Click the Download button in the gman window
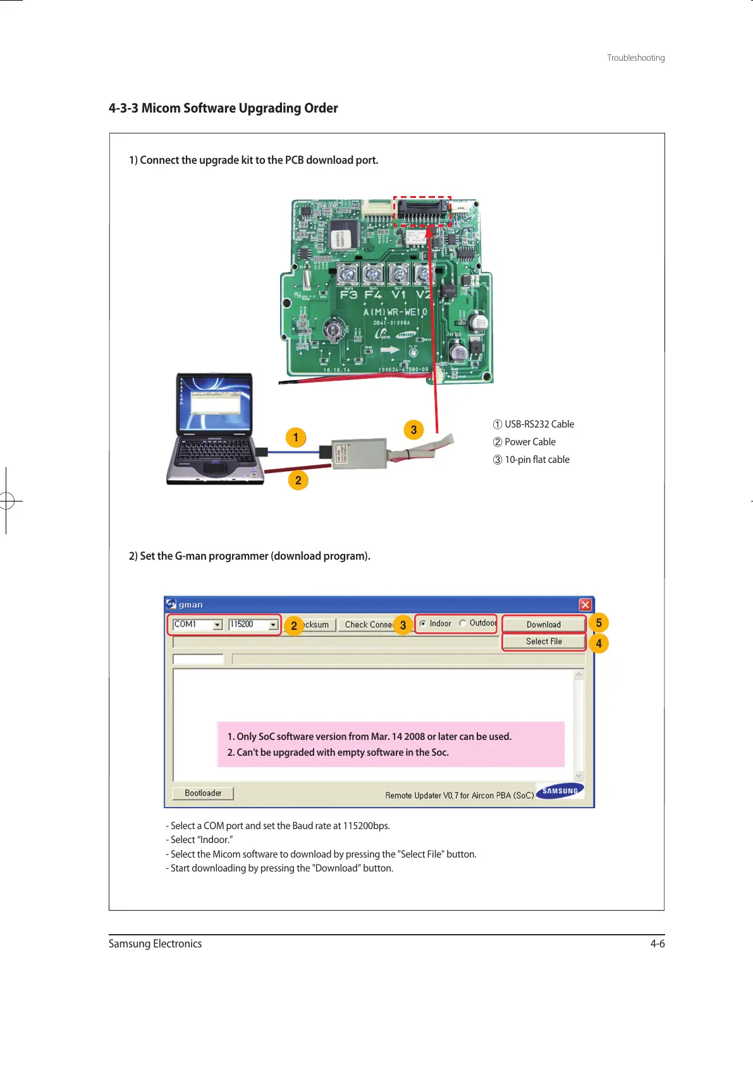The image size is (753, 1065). [x=544, y=624]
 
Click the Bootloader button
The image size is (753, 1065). [x=203, y=793]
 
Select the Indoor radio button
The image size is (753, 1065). [x=423, y=624]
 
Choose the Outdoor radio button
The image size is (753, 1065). [x=463, y=624]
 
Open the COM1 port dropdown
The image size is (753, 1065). [x=217, y=625]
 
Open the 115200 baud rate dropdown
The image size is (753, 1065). [x=272, y=625]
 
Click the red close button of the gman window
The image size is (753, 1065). [x=585, y=605]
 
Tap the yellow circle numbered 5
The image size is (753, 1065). [x=599, y=622]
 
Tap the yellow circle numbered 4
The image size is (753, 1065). [x=599, y=643]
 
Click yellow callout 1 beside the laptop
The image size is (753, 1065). [x=295, y=437]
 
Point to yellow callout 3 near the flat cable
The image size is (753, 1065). [x=413, y=430]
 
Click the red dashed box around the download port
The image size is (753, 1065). [x=422, y=211]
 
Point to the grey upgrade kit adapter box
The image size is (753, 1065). [x=358, y=453]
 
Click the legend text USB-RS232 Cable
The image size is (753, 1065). [x=539, y=424]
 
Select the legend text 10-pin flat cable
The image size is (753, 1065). [x=537, y=460]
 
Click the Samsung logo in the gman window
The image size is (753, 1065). [x=560, y=791]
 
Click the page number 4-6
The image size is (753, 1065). [x=658, y=944]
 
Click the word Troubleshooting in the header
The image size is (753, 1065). [x=635, y=58]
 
